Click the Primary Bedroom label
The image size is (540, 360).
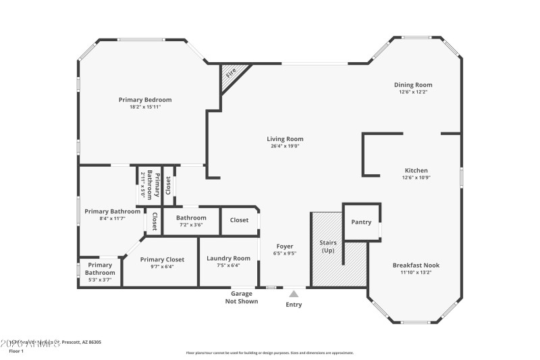pyautogui.click(x=145, y=100)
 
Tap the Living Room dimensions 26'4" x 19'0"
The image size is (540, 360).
pyautogui.click(x=284, y=146)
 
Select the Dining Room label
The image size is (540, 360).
pyautogui.click(x=413, y=85)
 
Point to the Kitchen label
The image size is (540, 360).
pyautogui.click(x=416, y=170)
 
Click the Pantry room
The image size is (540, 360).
pyautogui.click(x=361, y=222)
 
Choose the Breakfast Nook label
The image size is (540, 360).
pyautogui.click(x=416, y=265)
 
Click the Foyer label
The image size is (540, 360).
pyautogui.click(x=285, y=247)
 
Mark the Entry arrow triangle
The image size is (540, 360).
pyautogui.click(x=294, y=294)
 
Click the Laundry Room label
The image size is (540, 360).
pyautogui.click(x=228, y=258)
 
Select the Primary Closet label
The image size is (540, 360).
pyautogui.click(x=162, y=259)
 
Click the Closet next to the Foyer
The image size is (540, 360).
pyautogui.click(x=239, y=220)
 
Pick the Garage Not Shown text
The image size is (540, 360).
pyautogui.click(x=242, y=297)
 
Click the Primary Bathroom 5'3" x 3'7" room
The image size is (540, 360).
pyautogui.click(x=99, y=272)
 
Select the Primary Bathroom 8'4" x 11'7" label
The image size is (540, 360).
pyautogui.click(x=112, y=211)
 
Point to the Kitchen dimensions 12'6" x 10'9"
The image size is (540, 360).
pyautogui.click(x=416, y=178)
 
